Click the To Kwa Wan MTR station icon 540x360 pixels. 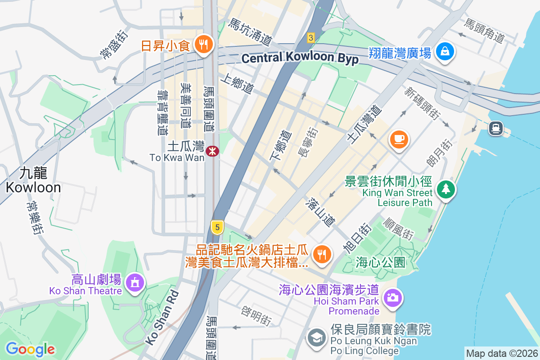(212, 151)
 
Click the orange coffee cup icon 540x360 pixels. (399, 139)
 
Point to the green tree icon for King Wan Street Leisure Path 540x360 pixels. (445, 189)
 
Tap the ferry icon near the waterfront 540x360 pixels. (495, 128)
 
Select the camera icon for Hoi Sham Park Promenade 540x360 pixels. (392, 297)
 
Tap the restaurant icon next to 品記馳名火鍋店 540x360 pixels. (322, 255)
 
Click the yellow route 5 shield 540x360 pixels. (217, 228)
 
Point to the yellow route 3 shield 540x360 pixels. (310, 38)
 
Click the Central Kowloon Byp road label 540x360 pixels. (300, 58)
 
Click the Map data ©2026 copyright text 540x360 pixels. (502, 354)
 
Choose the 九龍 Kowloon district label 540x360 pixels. (34, 180)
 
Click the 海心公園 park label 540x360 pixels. (381, 261)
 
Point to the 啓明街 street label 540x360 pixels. (256, 316)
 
